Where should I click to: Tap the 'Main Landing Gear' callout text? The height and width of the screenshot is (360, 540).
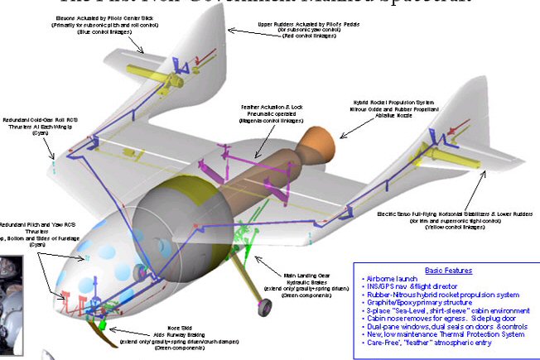click(x=313, y=275)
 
